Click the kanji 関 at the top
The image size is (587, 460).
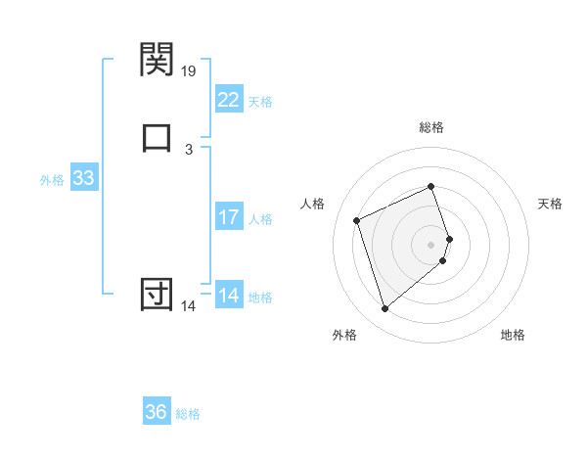pyautogui.click(x=157, y=60)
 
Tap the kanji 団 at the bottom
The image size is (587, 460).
pyautogui.click(x=157, y=294)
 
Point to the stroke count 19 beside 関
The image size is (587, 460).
pyautogui.click(x=190, y=70)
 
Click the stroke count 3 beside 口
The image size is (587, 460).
pyautogui.click(x=189, y=149)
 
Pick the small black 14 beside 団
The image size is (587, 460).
pyautogui.click(x=188, y=306)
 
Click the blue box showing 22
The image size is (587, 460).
pyautogui.click(x=228, y=100)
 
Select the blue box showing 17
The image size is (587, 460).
pyautogui.click(x=228, y=217)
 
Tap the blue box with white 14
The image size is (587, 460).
pyautogui.click(x=228, y=296)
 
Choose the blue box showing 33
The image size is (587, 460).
pyautogui.click(x=83, y=179)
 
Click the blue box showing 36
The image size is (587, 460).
pyautogui.click(x=157, y=412)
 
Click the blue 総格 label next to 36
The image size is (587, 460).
pyautogui.click(x=188, y=414)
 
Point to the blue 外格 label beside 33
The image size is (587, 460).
pyautogui.click(x=52, y=180)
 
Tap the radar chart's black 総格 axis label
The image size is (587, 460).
pyautogui.click(x=431, y=127)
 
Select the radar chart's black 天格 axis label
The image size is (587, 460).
pyautogui.click(x=551, y=204)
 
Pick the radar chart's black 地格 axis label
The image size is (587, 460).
pyautogui.click(x=513, y=336)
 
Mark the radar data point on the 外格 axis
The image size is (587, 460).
pyautogui.click(x=384, y=309)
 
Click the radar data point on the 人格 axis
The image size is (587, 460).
pyautogui.click(x=358, y=220)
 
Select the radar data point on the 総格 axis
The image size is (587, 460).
pyautogui.click(x=431, y=187)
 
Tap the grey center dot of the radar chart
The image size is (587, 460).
pyautogui.click(x=431, y=244)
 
